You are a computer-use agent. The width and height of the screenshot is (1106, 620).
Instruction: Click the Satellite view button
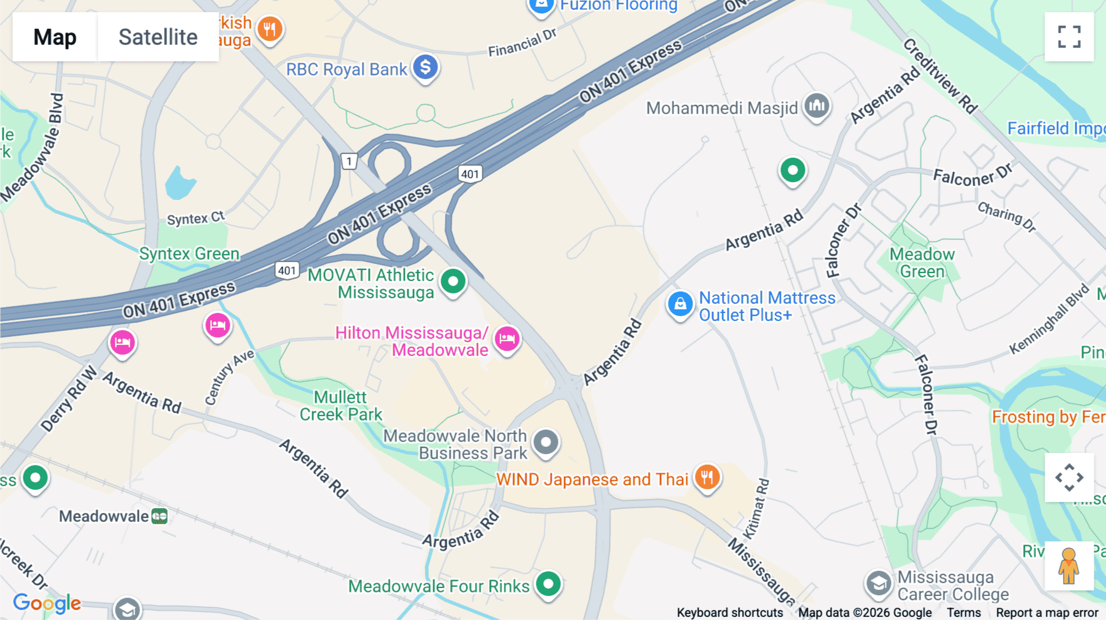tap(158, 37)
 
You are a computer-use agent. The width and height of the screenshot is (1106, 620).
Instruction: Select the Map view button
tap(55, 37)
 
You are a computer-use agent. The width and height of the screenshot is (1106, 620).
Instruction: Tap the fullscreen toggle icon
tap(1069, 37)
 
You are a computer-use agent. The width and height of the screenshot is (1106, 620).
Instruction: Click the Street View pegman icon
tap(1069, 566)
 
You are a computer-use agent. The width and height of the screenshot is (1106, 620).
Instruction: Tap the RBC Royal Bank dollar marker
tap(425, 67)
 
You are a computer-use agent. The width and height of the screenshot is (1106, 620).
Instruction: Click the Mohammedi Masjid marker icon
tap(817, 106)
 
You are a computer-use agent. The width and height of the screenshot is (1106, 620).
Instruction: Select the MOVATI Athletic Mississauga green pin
tap(453, 282)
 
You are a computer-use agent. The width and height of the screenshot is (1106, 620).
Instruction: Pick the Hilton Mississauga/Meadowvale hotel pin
tap(507, 338)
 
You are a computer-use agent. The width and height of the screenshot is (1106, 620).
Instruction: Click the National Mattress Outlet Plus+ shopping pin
tap(680, 304)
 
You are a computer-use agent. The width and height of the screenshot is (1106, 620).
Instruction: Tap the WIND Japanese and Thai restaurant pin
tap(707, 477)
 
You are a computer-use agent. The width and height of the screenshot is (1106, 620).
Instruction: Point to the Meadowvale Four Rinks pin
tap(548, 584)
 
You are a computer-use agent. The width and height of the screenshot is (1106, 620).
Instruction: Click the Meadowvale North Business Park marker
tap(546, 442)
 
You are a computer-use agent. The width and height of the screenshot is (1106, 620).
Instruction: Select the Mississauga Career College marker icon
tap(879, 584)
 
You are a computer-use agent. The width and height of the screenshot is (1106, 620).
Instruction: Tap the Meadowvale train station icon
tap(160, 516)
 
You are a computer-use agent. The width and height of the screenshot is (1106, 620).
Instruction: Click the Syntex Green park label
tap(189, 254)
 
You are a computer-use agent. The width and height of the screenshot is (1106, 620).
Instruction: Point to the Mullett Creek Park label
tap(341, 406)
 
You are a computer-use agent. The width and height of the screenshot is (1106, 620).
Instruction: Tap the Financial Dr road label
tap(522, 42)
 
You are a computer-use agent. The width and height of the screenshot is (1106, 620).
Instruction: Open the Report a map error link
tap(1047, 613)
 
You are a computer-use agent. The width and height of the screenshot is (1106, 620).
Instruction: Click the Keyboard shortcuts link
tap(730, 613)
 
